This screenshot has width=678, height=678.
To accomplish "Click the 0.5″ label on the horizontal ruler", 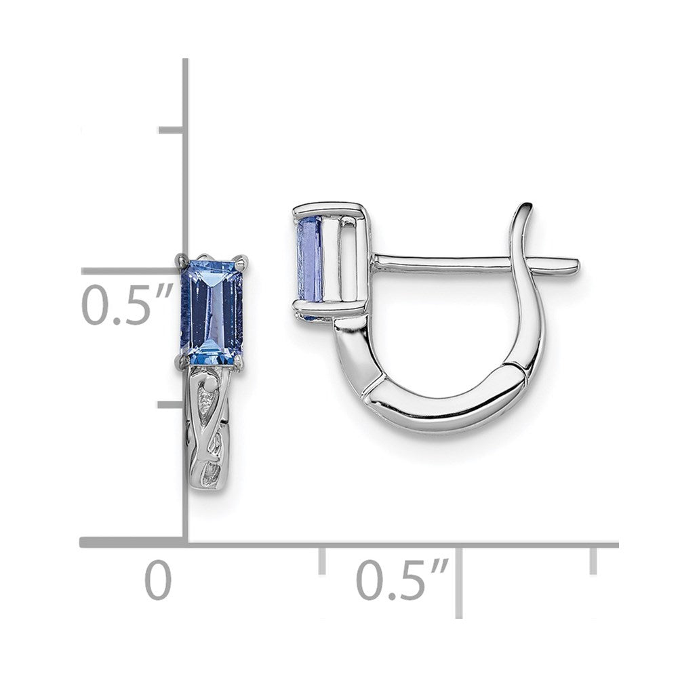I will pyautogui.click(x=401, y=581).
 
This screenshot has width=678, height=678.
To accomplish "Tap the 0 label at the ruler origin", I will pyautogui.click(x=158, y=581).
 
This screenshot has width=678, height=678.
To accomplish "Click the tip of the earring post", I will pyautogui.click(x=576, y=262).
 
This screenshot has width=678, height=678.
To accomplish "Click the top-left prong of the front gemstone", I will pyautogui.click(x=180, y=258).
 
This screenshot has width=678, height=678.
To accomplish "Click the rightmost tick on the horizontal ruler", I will pyautogui.click(x=593, y=560).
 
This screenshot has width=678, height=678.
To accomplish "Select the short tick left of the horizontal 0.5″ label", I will pyautogui.click(x=322, y=560).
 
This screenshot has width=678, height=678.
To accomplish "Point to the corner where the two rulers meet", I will pyautogui.click(x=184, y=542).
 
